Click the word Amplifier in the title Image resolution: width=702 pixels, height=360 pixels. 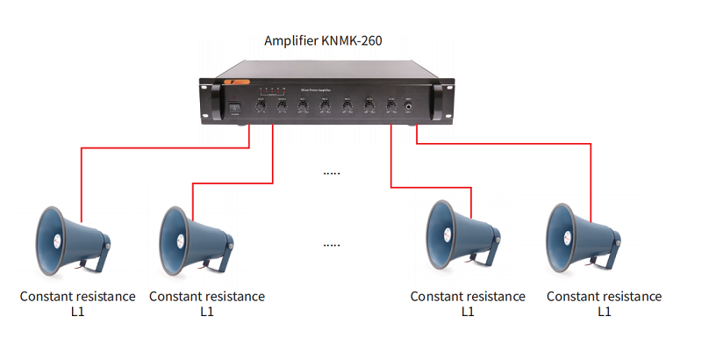pyautogui.click(x=291, y=41)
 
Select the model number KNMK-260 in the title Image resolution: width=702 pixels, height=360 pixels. pyautogui.click(x=351, y=41)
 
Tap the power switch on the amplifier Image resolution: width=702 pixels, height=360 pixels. pyautogui.click(x=233, y=109)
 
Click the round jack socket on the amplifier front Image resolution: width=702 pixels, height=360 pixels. pyautogui.click(x=410, y=106)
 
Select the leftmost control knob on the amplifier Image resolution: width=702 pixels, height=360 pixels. pyautogui.click(x=261, y=106)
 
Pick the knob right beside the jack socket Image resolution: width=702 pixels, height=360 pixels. pyautogui.click(x=390, y=106)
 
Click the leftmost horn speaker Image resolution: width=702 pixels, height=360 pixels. pyautogui.click(x=70, y=240)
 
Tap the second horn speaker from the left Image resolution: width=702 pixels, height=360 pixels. pyautogui.click(x=195, y=240)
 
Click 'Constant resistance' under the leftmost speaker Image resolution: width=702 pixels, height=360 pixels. pyautogui.click(x=78, y=297)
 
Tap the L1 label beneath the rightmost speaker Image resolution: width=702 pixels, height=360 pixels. pyautogui.click(x=605, y=312)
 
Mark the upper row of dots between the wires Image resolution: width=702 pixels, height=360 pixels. pyautogui.click(x=331, y=173)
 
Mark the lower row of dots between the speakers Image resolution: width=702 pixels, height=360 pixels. pyautogui.click(x=331, y=244)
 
